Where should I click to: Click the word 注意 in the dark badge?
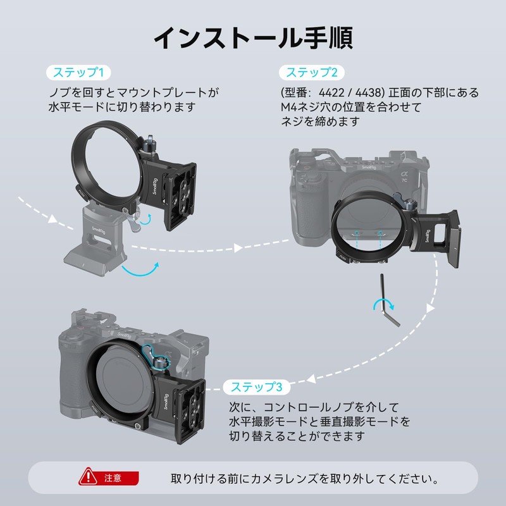[113, 478]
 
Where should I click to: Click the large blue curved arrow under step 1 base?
[140, 271]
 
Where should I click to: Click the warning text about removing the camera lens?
[304, 478]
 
